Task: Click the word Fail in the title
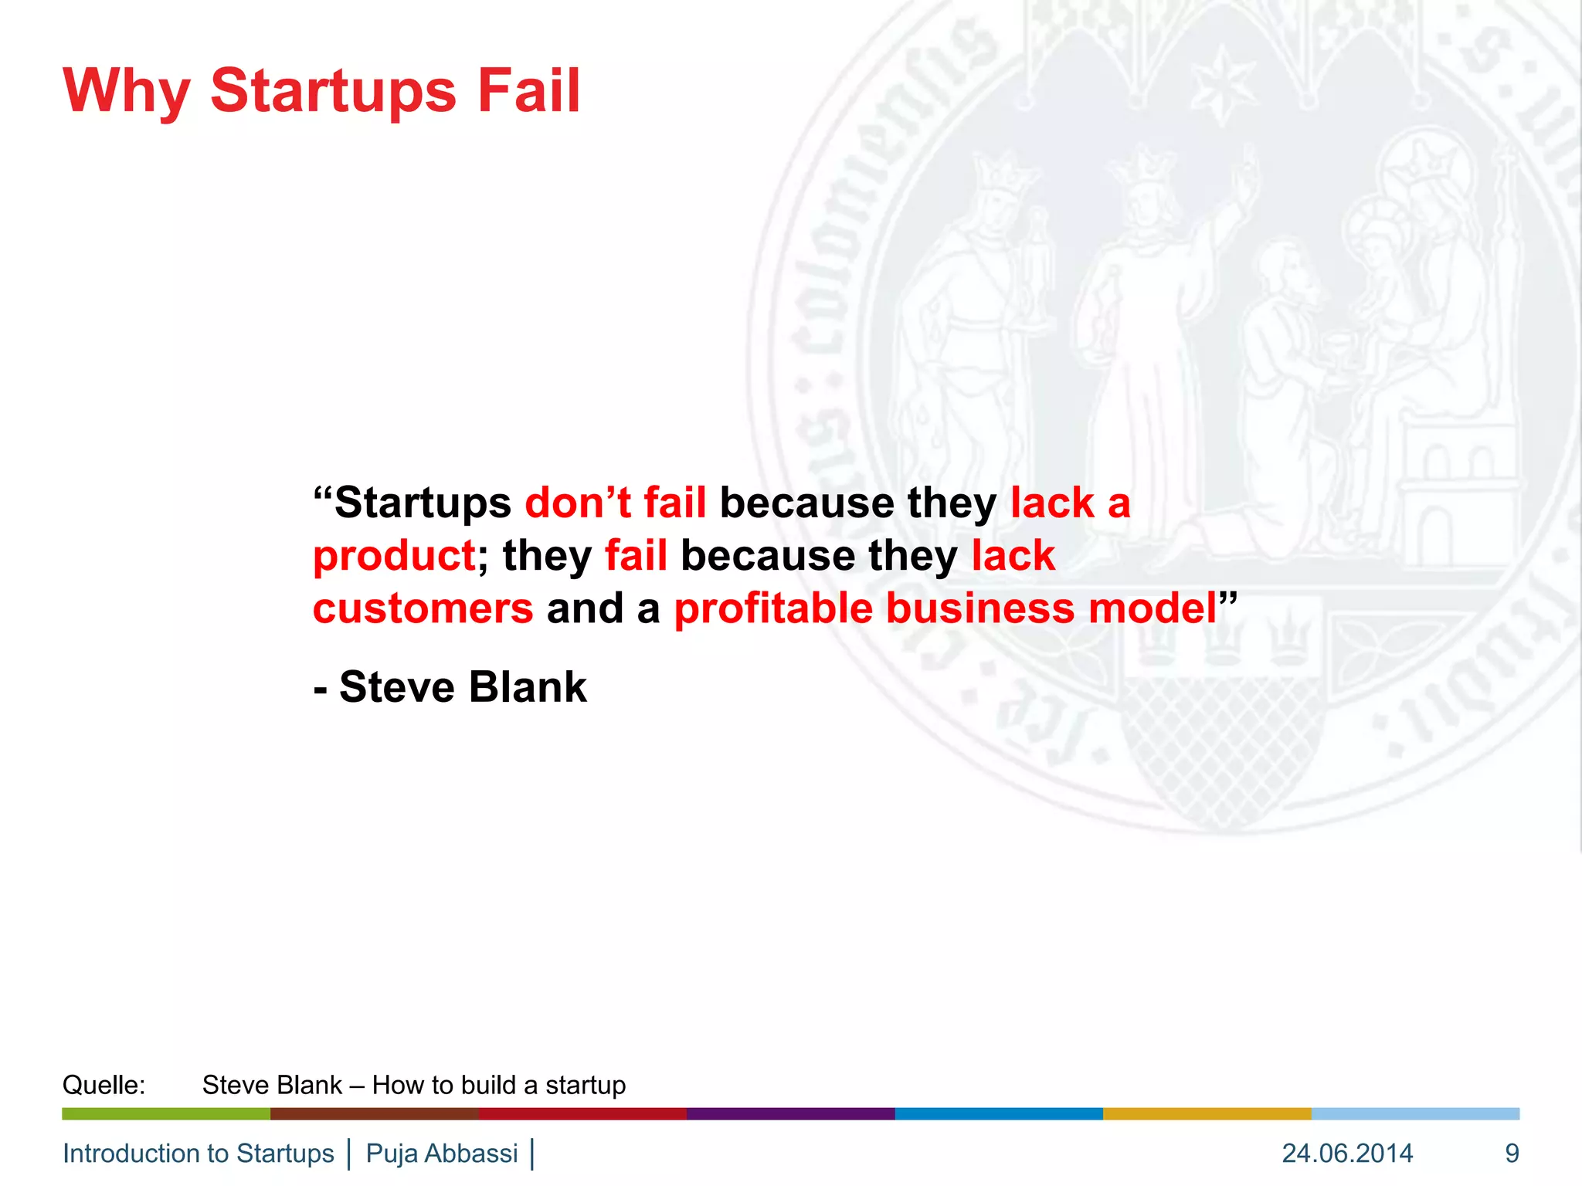(x=528, y=90)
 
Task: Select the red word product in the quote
(x=394, y=557)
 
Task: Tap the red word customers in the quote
(x=423, y=609)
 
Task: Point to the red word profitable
(x=772, y=609)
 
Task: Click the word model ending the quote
(x=1153, y=609)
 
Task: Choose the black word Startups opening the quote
(x=423, y=503)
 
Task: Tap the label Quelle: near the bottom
(x=104, y=1085)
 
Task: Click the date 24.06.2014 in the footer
(x=1347, y=1153)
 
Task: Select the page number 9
(x=1512, y=1153)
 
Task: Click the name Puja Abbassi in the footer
(x=441, y=1153)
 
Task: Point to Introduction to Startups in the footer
(x=198, y=1153)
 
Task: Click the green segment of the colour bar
(x=166, y=1113)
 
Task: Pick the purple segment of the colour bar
(x=790, y=1113)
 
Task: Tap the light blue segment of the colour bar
(x=1415, y=1113)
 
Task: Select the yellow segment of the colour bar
(x=1207, y=1113)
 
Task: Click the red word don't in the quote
(x=578, y=503)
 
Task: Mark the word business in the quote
(x=979, y=609)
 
